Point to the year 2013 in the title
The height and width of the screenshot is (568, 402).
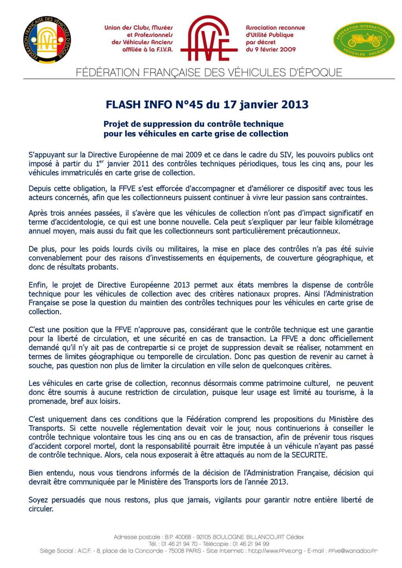(x=294, y=105)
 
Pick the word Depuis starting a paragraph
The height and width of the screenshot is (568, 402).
(x=40, y=189)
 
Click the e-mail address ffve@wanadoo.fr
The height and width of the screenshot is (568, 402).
(x=352, y=551)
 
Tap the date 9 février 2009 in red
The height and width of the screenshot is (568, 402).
(x=271, y=50)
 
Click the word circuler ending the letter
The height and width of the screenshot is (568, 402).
(x=41, y=509)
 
